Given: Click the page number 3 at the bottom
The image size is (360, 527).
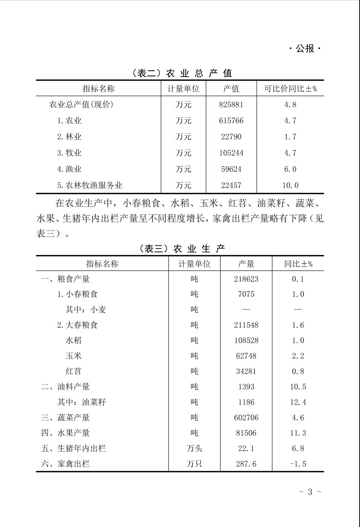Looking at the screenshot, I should [x=310, y=492].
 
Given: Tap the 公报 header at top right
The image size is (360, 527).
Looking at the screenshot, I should [x=305, y=48].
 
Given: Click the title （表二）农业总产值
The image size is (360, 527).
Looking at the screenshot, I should [x=182, y=73].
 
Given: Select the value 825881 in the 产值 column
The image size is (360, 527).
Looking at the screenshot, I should [x=231, y=105].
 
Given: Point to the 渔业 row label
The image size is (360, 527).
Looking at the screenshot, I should [x=69, y=169].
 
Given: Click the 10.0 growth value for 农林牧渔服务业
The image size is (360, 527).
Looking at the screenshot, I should [x=290, y=185].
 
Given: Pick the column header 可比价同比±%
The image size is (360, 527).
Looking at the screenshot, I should [x=290, y=89].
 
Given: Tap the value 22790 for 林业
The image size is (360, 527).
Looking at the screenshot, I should [x=231, y=137].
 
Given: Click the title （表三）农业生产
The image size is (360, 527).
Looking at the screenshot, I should [x=182, y=249].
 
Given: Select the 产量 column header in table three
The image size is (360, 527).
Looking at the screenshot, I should [x=246, y=264].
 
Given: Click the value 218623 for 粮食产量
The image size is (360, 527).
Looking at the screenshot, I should [x=246, y=279].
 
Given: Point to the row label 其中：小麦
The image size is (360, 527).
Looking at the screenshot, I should [x=86, y=310].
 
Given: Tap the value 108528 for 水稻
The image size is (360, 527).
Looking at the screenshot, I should [x=246, y=340].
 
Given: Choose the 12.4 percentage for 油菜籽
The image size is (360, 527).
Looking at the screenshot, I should [x=298, y=402].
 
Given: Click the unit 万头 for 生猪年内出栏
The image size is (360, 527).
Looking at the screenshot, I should [x=195, y=449].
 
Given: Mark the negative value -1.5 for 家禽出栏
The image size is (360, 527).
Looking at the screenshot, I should [x=298, y=464].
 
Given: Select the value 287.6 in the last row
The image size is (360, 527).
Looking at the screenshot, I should [x=246, y=464].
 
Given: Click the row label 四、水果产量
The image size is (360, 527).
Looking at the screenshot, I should [x=65, y=433].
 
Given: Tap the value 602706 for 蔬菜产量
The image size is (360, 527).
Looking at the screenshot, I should [x=246, y=418].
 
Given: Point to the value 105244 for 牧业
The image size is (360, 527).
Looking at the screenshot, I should [x=231, y=153].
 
